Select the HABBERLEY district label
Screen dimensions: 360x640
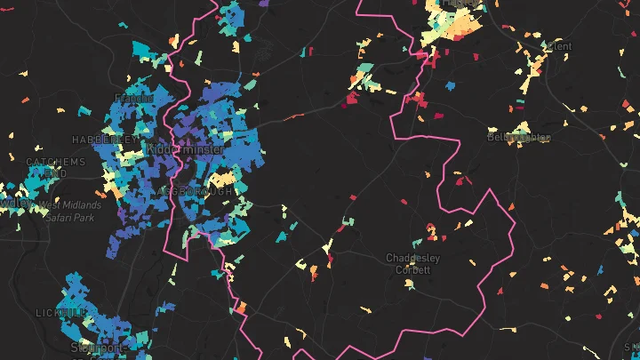click(106, 140)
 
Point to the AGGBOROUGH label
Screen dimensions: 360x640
click(194, 192)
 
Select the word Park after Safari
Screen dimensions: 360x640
click(85, 218)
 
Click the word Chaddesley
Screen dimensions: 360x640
click(412, 258)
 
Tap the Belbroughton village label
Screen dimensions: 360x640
click(518, 138)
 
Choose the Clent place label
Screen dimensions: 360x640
click(559, 45)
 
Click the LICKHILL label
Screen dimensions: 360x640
click(61, 314)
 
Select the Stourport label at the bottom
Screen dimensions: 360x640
click(96, 348)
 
